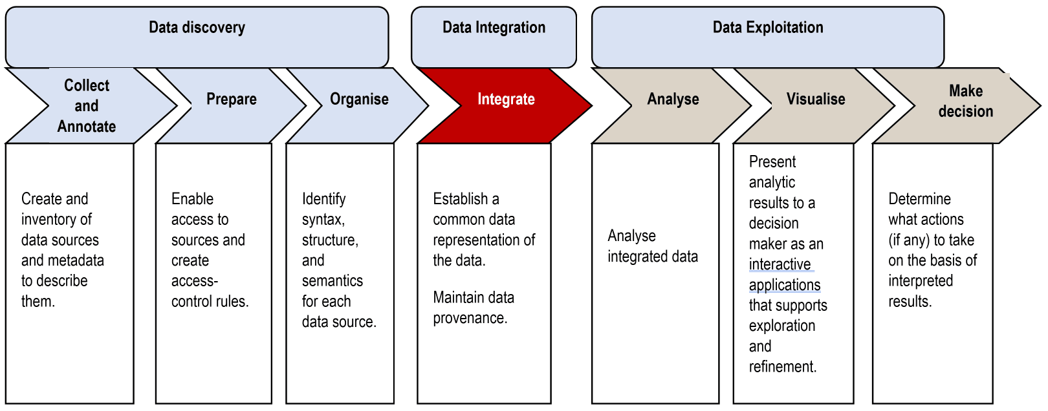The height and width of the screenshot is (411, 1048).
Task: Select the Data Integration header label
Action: click(x=494, y=28)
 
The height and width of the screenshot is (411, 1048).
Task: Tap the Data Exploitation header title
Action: click(x=767, y=28)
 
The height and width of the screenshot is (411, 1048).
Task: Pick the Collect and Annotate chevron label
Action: click(x=87, y=106)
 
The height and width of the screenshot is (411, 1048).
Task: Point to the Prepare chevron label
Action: click(x=231, y=100)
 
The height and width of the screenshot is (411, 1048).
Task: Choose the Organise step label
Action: click(x=359, y=100)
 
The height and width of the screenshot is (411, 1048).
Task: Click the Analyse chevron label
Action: click(x=673, y=100)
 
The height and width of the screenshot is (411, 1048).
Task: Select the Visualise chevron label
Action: click(x=815, y=100)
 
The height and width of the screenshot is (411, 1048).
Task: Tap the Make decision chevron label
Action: click(x=965, y=101)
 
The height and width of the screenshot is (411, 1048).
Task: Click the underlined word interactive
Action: click(x=780, y=264)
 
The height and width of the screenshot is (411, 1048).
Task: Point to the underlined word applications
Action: click(x=784, y=285)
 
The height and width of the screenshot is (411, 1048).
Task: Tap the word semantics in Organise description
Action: click(x=332, y=281)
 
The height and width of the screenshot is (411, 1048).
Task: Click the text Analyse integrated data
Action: click(x=652, y=246)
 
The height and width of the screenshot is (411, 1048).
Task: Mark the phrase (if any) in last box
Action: click(x=908, y=240)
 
